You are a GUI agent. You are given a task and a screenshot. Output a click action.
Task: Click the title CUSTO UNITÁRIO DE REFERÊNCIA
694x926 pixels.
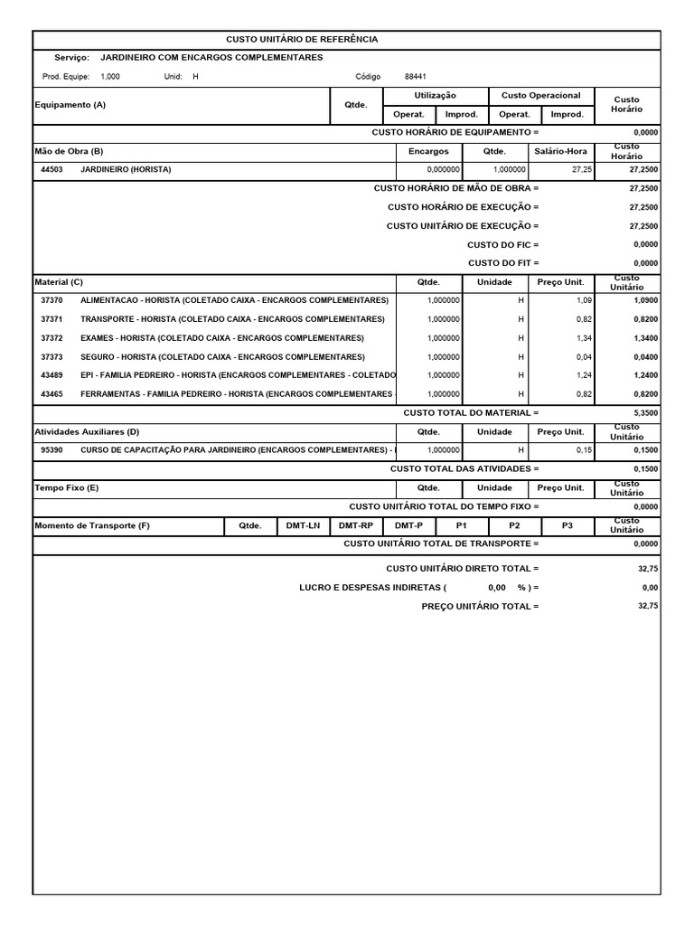click(302, 40)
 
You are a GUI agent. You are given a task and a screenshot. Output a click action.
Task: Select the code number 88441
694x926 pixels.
click(417, 77)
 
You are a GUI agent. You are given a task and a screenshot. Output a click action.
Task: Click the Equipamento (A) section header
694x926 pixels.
click(70, 105)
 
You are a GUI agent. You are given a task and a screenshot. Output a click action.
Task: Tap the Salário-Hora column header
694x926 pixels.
click(561, 151)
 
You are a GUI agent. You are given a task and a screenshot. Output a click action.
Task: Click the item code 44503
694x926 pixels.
click(52, 169)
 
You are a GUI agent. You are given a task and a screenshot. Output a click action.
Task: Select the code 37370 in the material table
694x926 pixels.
click(52, 299)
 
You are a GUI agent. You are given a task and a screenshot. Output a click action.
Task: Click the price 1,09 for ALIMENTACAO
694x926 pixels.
click(584, 299)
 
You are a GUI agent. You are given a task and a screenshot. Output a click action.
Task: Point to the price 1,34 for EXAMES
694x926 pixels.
click(584, 337)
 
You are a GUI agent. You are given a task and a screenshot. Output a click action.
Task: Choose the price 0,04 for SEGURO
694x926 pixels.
click(584, 356)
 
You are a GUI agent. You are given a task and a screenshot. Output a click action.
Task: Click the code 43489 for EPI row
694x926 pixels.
click(52, 374)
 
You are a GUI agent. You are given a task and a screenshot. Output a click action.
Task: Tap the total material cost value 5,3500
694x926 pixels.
click(643, 412)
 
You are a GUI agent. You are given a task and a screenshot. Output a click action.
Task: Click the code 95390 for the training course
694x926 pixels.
click(52, 449)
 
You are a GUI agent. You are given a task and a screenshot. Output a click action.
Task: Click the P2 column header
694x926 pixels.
click(514, 524)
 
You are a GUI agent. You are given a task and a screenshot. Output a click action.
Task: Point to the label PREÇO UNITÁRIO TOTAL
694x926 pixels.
click(480, 606)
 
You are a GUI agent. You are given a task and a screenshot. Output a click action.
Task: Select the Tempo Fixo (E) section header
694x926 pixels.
click(67, 487)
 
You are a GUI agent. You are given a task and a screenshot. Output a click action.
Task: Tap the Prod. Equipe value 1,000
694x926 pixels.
click(110, 77)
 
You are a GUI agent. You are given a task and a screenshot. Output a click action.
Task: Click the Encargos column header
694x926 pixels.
click(428, 151)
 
